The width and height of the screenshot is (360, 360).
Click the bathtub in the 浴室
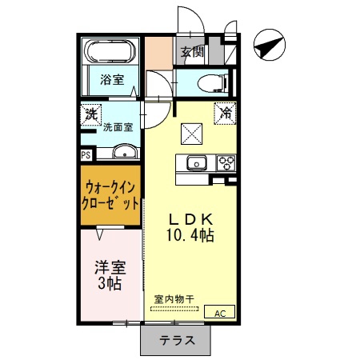click(x=110, y=51)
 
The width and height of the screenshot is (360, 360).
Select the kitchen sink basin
click(x=197, y=162)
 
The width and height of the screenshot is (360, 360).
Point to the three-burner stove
click(x=226, y=162)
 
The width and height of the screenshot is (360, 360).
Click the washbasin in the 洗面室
click(x=125, y=152)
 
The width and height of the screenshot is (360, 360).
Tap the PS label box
click(x=86, y=155)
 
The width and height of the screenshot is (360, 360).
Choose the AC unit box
click(x=219, y=311)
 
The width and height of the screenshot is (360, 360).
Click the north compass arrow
click(x=269, y=45)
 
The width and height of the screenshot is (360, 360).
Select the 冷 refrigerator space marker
click(x=226, y=114)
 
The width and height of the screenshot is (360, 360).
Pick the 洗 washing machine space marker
click(x=91, y=114)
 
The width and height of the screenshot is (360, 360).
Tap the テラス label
click(x=177, y=341)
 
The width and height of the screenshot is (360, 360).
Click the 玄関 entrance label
click(x=192, y=51)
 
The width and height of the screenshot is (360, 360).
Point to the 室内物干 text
click(x=174, y=299)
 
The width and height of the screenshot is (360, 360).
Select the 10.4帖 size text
click(x=190, y=235)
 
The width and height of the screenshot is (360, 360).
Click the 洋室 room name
click(x=110, y=268)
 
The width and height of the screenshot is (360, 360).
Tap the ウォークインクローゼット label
click(x=110, y=196)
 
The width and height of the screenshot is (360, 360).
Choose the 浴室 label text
click(x=112, y=79)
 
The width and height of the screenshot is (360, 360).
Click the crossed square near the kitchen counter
click(x=191, y=134)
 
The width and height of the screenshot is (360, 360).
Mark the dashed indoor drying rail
click(x=174, y=309)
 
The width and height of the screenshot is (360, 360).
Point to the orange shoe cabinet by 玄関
click(x=158, y=54)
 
